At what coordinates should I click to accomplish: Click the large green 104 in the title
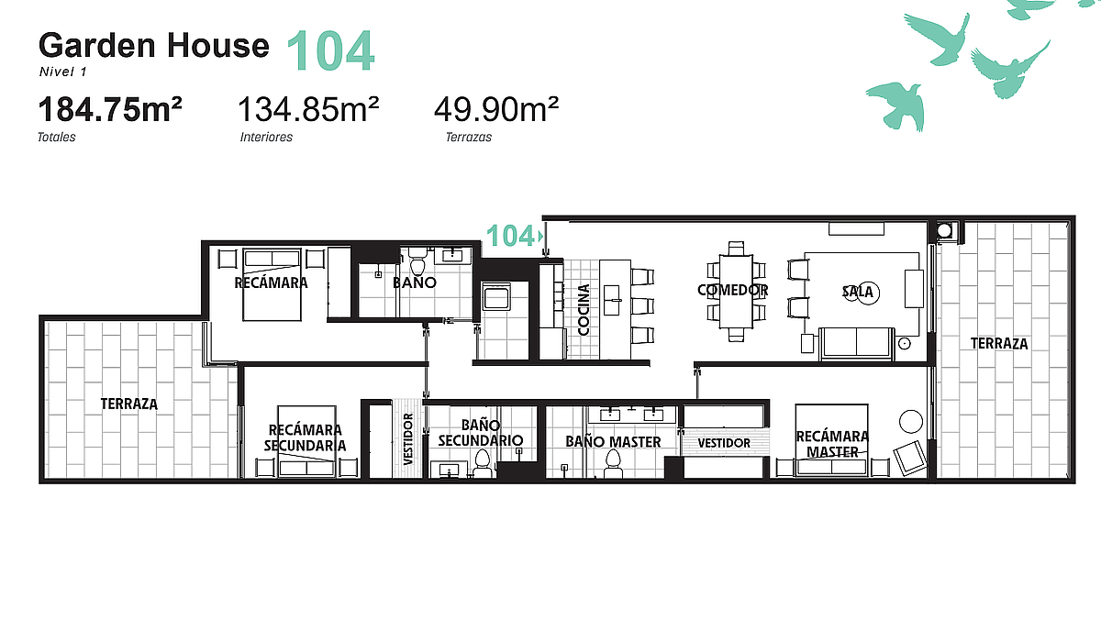(330, 50)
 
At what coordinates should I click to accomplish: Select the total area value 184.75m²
(110, 109)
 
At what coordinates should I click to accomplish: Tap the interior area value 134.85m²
(308, 109)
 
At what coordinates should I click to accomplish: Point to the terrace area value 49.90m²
(496, 109)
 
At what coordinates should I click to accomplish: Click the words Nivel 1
(63, 72)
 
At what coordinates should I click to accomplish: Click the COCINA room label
(583, 309)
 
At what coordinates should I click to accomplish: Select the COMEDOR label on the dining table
(732, 290)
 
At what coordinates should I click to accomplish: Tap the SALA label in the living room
(858, 292)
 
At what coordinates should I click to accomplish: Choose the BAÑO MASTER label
(613, 442)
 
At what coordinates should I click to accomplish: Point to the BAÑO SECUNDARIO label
(481, 433)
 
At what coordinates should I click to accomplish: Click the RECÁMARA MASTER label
(832, 444)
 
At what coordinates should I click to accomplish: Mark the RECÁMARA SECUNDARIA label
(305, 437)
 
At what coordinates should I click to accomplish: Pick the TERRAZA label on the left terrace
(128, 404)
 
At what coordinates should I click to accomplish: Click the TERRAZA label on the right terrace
(999, 343)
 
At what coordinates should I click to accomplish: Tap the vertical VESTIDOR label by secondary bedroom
(408, 439)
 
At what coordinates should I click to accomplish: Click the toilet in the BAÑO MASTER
(613, 465)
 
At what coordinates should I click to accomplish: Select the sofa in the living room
(857, 344)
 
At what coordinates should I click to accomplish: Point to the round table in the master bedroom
(911, 422)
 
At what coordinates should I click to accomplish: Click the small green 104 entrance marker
(510, 236)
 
